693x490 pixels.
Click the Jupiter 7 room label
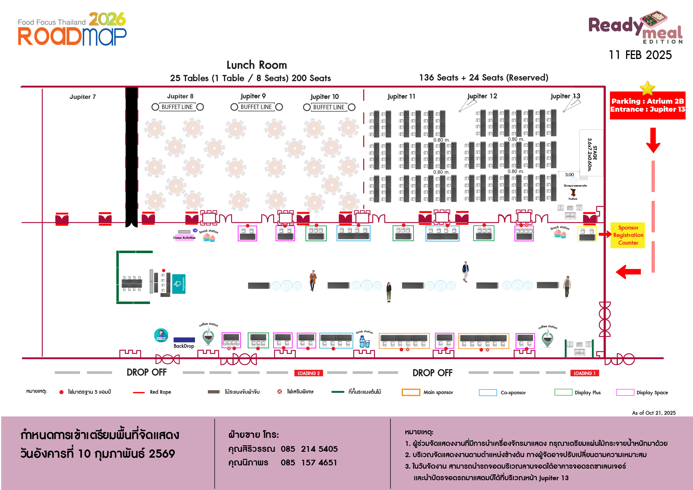tap(82, 97)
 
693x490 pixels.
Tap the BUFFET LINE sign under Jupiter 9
tap(256, 107)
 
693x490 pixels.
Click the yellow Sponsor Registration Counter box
tap(628, 235)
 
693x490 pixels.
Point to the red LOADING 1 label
tap(584, 373)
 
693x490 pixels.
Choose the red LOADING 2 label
tap(308, 373)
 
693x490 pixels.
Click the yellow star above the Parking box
tap(647, 88)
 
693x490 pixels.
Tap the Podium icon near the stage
tap(573, 193)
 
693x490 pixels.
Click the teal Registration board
tap(179, 284)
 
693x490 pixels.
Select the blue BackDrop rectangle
tap(184, 340)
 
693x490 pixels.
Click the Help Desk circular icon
tap(161, 335)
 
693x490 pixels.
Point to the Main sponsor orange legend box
tap(410, 392)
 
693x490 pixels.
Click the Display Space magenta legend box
tap(625, 392)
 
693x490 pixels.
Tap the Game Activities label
tap(184, 238)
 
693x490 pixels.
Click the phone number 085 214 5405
tap(309, 449)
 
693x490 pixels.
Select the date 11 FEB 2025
tap(640, 55)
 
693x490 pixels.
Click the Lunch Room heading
tap(257, 65)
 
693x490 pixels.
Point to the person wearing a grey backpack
tap(567, 287)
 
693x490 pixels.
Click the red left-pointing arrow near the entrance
tap(628, 272)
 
